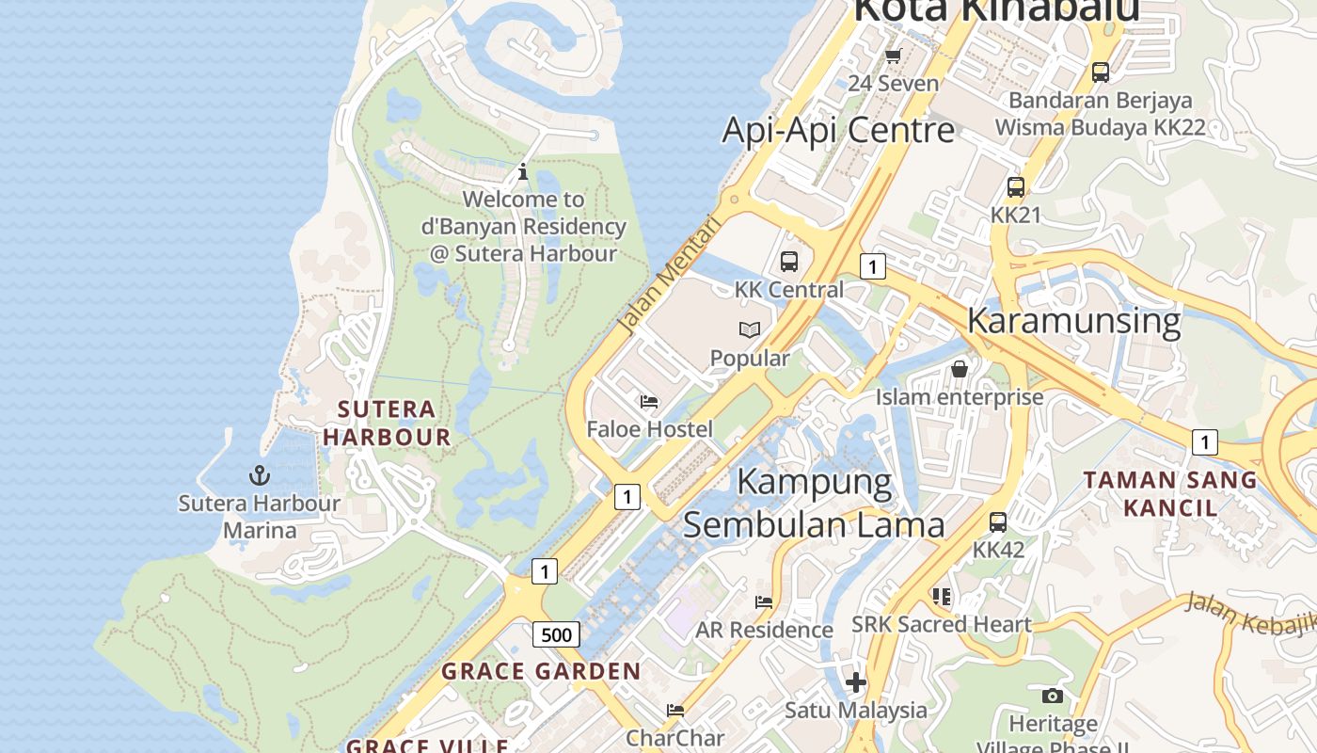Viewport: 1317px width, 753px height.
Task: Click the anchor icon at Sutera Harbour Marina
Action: coord(260,475)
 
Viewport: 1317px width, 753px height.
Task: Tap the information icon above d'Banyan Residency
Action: coord(523,172)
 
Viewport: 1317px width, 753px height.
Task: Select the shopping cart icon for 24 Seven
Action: coord(894,56)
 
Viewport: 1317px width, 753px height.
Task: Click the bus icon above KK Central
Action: coord(789,262)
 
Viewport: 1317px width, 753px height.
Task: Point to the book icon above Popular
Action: coord(750,329)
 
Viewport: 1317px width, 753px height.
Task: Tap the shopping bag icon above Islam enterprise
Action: coord(960,369)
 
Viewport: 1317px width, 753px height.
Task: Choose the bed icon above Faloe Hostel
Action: coord(649,402)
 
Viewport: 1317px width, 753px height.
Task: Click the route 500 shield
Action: coord(556,634)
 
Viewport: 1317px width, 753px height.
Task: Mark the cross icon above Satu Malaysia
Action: coord(856,682)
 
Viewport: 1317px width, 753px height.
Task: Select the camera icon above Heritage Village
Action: coord(1053,697)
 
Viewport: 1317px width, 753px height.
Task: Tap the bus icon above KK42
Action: coord(998,521)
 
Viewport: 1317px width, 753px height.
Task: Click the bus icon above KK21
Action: coord(1016,187)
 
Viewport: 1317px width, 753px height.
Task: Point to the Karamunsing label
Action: coord(1073,320)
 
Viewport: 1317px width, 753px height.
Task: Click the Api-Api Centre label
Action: coord(838,130)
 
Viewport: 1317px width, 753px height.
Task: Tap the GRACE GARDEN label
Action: coord(541,671)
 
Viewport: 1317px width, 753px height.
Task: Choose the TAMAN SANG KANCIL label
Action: coord(1170,493)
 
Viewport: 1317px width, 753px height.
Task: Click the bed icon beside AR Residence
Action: coord(764,602)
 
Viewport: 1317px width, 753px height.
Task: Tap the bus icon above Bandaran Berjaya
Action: coord(1100,72)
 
